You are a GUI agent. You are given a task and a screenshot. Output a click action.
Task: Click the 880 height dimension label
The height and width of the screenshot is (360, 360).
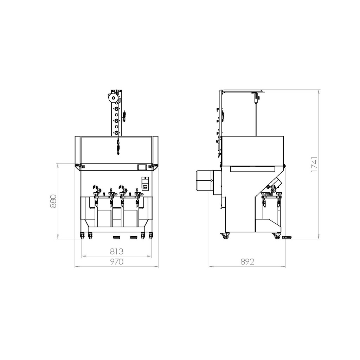tap(53, 201)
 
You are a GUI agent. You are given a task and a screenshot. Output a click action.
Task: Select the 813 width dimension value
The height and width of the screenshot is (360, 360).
tap(117, 252)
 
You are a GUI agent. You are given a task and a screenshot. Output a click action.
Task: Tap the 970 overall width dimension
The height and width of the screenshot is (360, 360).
tap(117, 262)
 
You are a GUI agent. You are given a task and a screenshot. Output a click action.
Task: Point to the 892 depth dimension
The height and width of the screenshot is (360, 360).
tap(247, 262)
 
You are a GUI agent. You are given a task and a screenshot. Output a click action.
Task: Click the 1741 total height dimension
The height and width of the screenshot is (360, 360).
tap(314, 165)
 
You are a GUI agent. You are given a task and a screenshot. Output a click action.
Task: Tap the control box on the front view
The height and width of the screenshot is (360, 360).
tap(145, 184)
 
